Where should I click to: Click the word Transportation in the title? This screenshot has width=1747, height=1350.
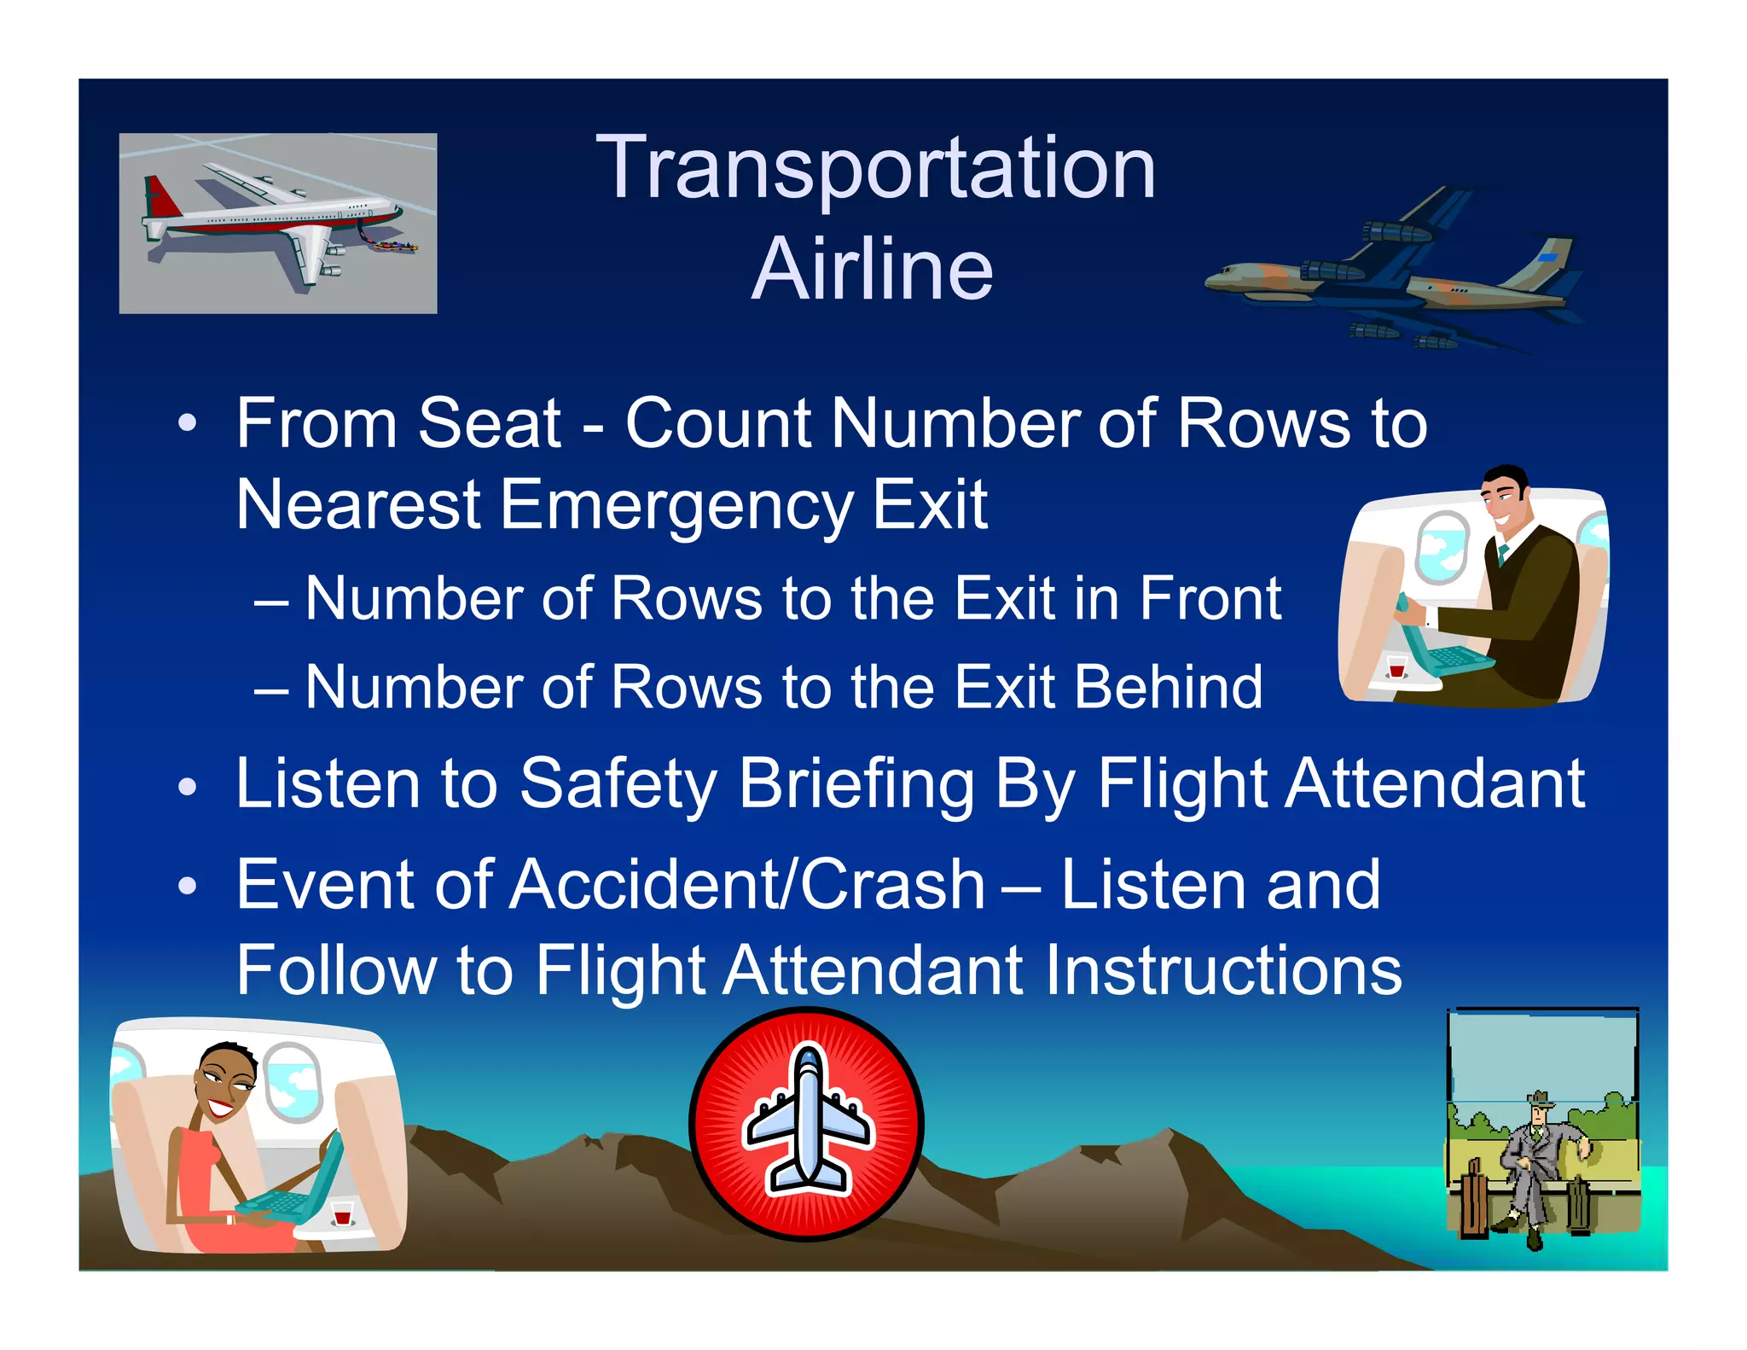pos(875,169)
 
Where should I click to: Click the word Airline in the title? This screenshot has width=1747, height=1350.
pos(873,270)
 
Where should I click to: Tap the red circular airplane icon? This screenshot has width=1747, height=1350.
pos(807,1124)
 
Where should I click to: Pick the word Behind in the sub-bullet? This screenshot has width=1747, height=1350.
pos(1168,688)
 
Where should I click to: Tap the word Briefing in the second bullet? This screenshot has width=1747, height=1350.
pos(856,784)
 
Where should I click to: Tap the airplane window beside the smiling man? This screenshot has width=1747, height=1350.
pos(1442,547)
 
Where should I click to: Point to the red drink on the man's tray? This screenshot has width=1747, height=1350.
pos(1396,667)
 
